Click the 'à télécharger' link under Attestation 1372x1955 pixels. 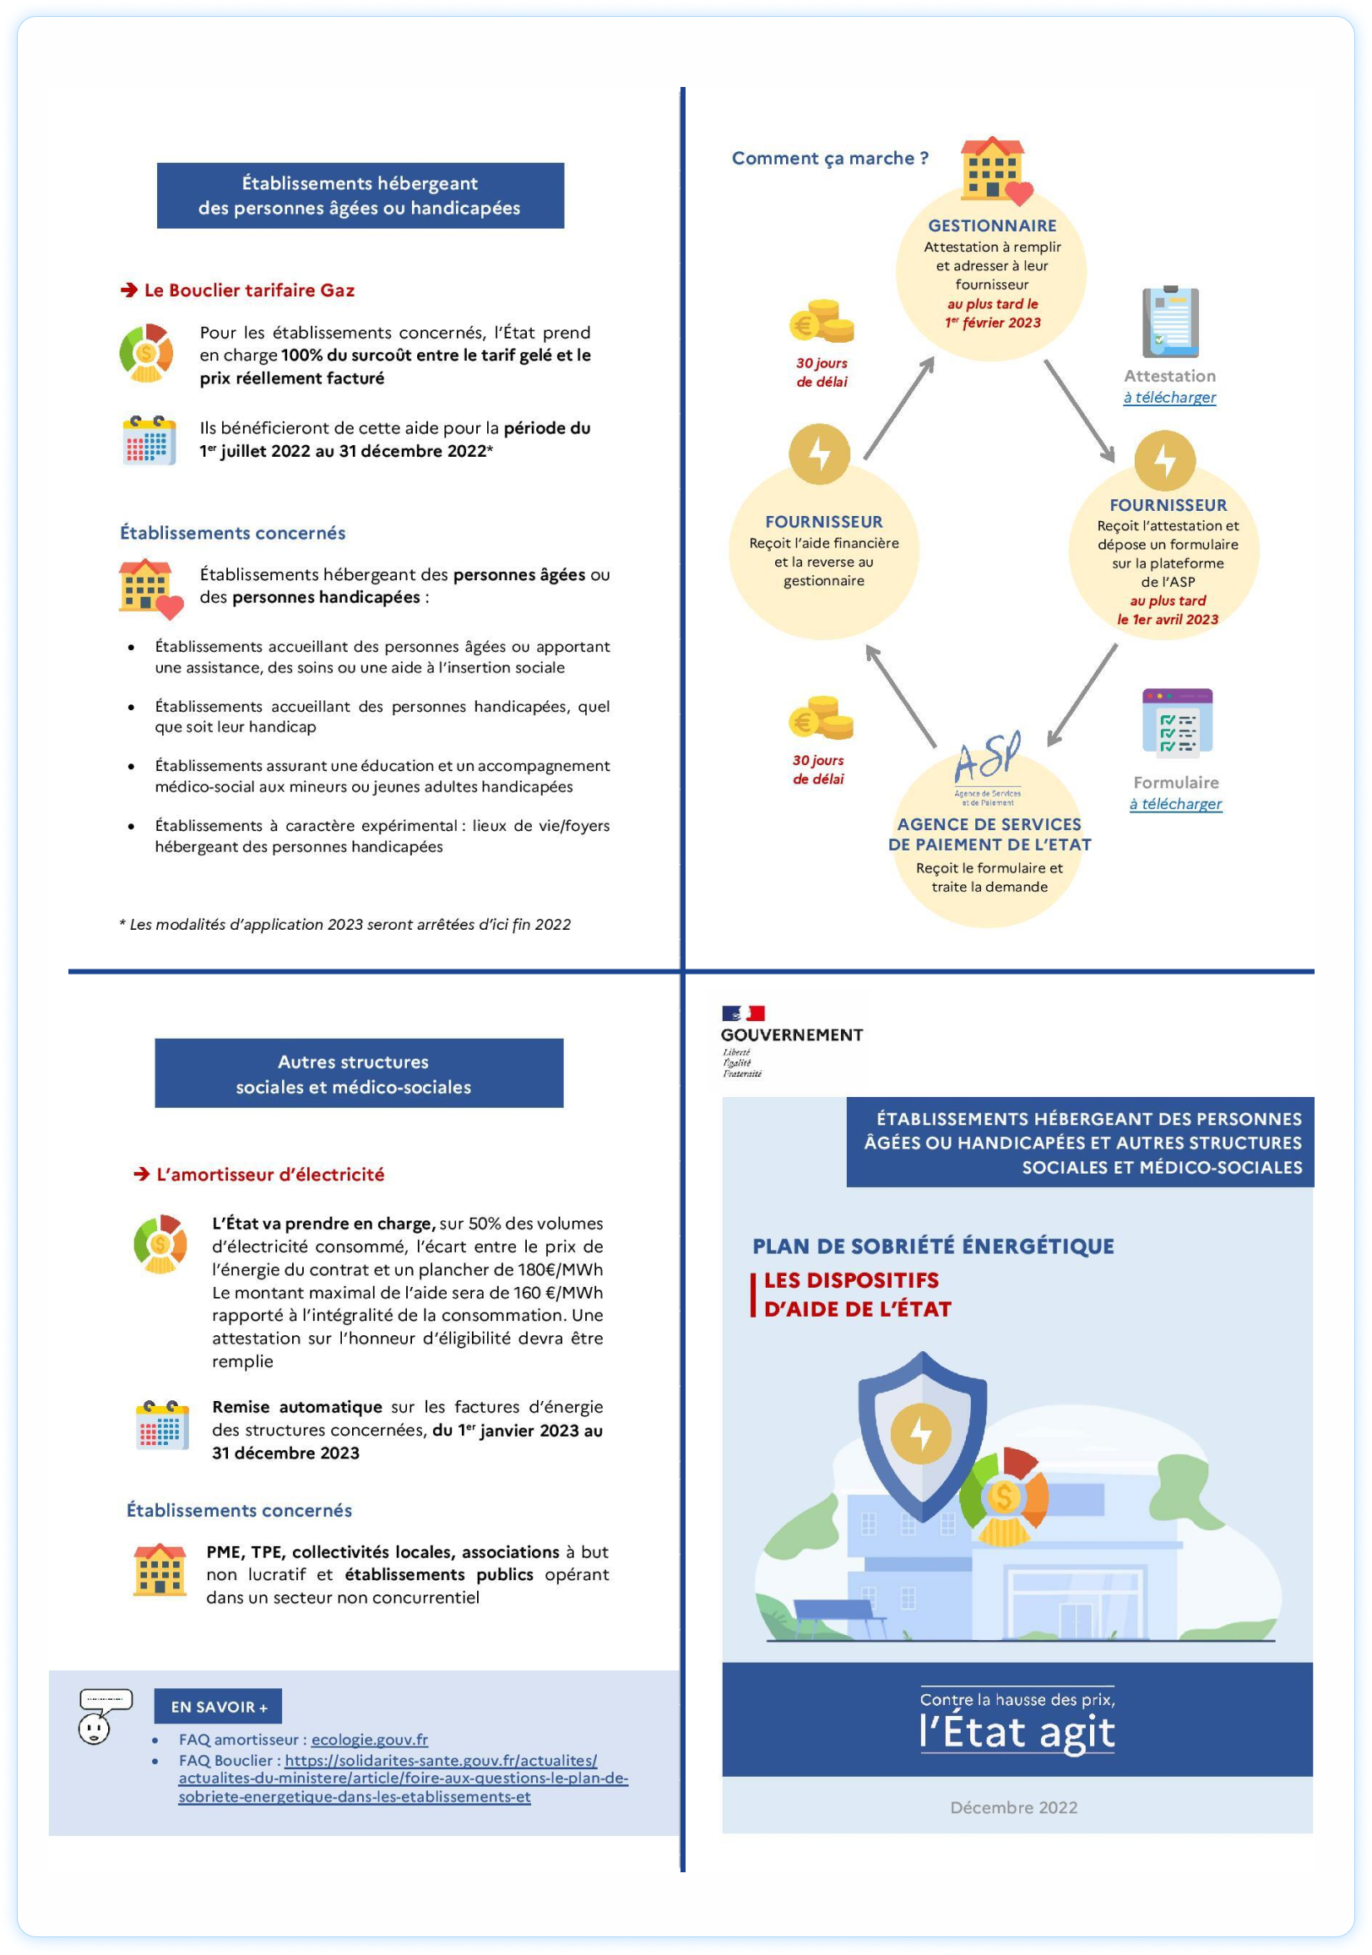pyautogui.click(x=1169, y=397)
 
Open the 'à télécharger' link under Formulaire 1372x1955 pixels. pyautogui.click(x=1175, y=803)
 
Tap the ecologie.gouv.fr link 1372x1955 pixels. pyautogui.click(x=370, y=1740)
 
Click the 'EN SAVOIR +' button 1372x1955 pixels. pyautogui.click(x=218, y=1707)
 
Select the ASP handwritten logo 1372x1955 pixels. pyautogui.click(x=987, y=758)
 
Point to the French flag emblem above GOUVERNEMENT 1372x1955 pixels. pyautogui.click(x=743, y=1013)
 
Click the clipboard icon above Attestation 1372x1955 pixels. pyautogui.click(x=1170, y=323)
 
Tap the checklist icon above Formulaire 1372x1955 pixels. pyautogui.click(x=1176, y=723)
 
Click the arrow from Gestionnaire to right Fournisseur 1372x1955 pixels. pyautogui.click(x=1079, y=410)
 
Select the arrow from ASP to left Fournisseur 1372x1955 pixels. pyautogui.click(x=901, y=696)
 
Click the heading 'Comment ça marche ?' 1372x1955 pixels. pyautogui.click(x=830, y=159)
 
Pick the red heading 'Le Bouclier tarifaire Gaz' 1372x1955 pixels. pyautogui.click(x=248, y=291)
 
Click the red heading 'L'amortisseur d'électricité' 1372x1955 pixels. pyautogui.click(x=270, y=1174)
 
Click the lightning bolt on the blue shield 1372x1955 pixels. pyautogui.click(x=921, y=1434)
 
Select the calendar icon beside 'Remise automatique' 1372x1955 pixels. pyautogui.click(x=162, y=1423)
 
